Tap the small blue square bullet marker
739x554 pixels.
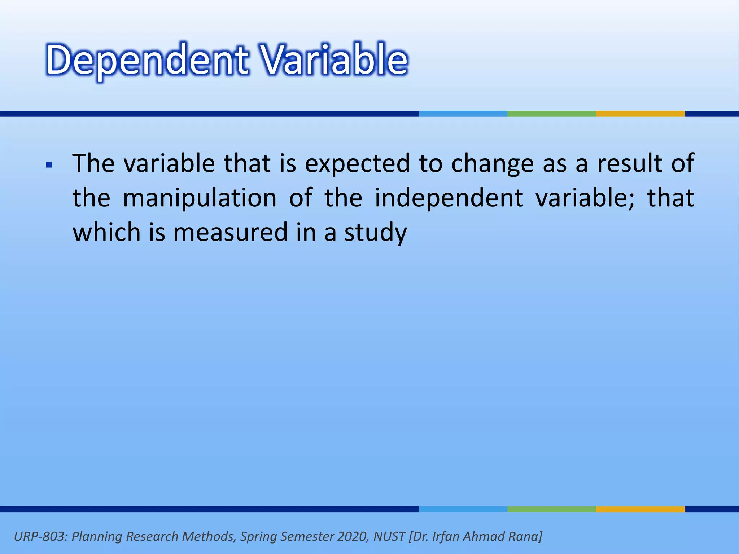49,166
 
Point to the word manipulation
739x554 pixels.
200,198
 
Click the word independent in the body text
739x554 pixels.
449,198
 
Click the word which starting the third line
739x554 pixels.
106,233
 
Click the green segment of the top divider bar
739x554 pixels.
551,114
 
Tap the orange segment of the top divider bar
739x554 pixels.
640,114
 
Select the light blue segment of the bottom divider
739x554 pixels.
463,509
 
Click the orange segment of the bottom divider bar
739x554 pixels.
640,509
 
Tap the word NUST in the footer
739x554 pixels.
389,536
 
